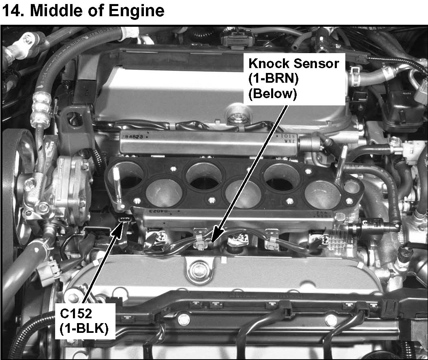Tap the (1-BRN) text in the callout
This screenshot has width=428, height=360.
coord(274,79)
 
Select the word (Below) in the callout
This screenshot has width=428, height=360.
coord(272,94)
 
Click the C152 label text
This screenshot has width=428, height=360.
coord(76,314)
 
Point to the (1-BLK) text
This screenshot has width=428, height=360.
coord(84,329)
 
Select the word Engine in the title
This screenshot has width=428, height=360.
coord(137,11)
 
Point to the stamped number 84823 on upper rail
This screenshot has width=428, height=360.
coord(134,137)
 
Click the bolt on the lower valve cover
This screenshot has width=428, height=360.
coord(198,271)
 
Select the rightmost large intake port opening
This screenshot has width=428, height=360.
coord(323,194)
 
